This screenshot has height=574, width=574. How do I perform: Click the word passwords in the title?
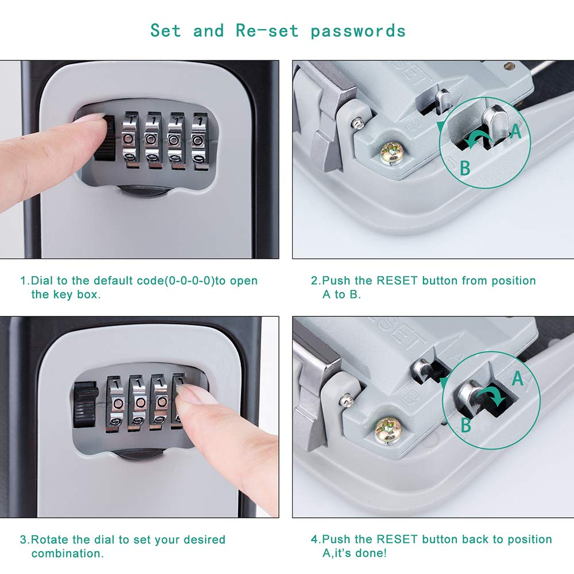click(358, 30)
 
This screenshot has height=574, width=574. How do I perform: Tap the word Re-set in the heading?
click(267, 30)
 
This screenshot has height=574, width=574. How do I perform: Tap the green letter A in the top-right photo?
click(515, 131)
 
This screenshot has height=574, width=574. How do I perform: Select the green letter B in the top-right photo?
click(465, 168)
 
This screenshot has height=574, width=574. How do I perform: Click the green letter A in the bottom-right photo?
click(517, 378)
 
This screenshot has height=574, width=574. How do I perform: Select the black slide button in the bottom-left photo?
click(85, 406)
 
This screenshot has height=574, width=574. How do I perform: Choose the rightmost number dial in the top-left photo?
click(199, 141)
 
